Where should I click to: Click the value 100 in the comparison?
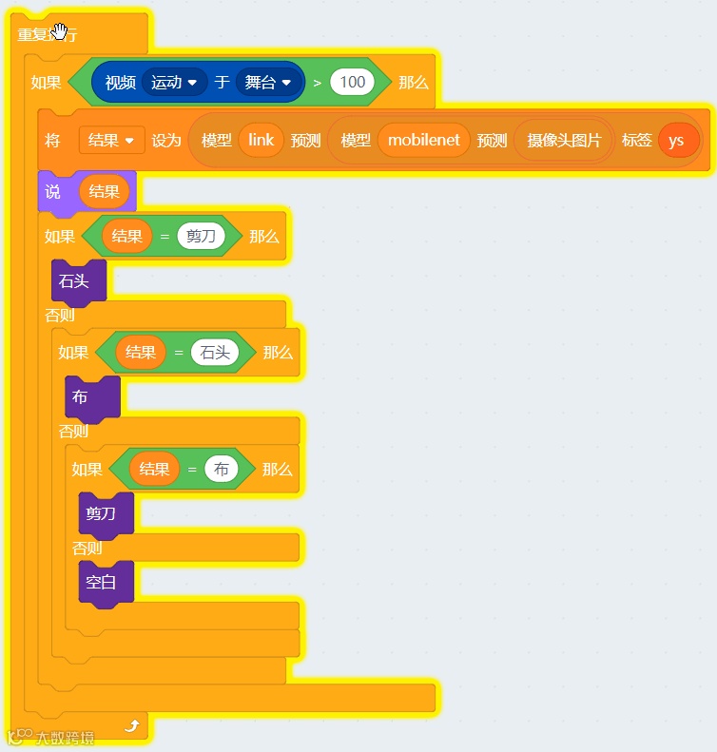[352, 82]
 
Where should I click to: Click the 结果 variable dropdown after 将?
[111, 140]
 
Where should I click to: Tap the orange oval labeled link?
[261, 140]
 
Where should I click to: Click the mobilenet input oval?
[423, 140]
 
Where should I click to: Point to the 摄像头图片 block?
[564, 141]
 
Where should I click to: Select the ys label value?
[676, 141]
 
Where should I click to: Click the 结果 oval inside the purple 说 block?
[104, 191]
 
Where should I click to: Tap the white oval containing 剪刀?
[201, 236]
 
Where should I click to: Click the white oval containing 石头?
[214, 353]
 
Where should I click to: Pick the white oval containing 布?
[222, 469]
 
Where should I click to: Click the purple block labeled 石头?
[75, 281]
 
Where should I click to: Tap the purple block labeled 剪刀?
[102, 513]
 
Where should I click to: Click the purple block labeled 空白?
[102, 582]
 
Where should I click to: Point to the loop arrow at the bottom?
[132, 726]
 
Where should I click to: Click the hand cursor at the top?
[61, 32]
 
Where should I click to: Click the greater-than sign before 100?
[317, 83]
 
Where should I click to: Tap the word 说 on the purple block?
[53, 191]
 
